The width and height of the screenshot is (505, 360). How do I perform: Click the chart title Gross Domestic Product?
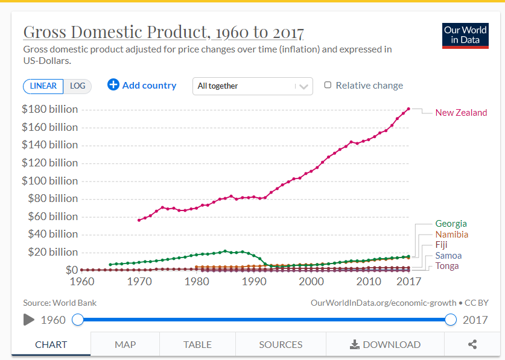(x=163, y=32)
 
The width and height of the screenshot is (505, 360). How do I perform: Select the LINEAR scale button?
(x=43, y=86)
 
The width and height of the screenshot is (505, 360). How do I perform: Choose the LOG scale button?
(x=77, y=86)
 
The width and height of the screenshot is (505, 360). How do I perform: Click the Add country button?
(x=142, y=85)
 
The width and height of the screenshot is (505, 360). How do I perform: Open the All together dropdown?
(x=252, y=86)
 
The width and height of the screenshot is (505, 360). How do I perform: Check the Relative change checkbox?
(x=328, y=85)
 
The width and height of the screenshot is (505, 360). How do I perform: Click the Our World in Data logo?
(x=465, y=36)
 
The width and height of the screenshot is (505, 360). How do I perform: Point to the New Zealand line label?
(x=461, y=113)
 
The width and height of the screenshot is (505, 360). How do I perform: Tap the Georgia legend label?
(x=451, y=224)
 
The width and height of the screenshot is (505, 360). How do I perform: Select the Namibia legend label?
(x=451, y=235)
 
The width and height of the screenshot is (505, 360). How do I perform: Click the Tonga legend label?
(x=447, y=266)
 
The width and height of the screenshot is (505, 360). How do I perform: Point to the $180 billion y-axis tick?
(x=49, y=109)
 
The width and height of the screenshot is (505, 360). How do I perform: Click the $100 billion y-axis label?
(x=49, y=181)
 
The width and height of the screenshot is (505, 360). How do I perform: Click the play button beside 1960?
(x=29, y=320)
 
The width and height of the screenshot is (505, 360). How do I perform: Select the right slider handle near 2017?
(x=450, y=320)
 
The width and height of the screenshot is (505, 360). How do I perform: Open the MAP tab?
(x=125, y=344)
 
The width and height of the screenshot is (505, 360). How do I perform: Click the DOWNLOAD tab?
(x=385, y=344)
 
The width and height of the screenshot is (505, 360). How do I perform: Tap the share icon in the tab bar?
(x=472, y=344)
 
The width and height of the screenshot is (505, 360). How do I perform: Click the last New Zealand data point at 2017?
(x=408, y=109)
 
